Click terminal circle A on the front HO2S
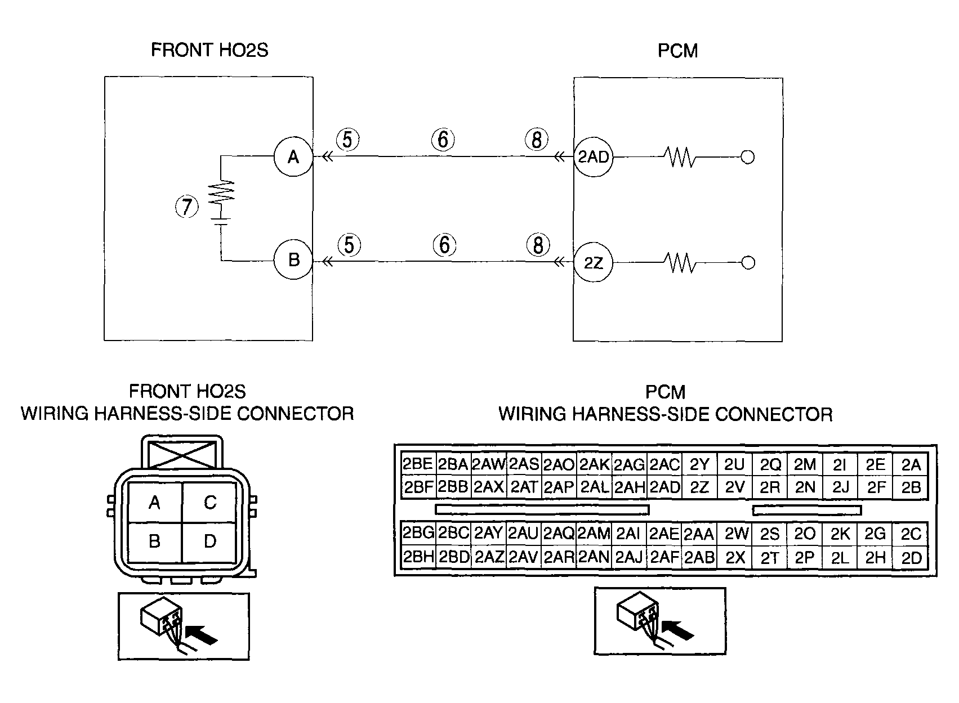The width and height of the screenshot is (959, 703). [x=293, y=156]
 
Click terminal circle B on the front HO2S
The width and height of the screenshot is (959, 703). [x=293, y=259]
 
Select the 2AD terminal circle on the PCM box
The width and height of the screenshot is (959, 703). [x=594, y=157]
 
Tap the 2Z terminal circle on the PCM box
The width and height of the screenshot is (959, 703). [x=594, y=262]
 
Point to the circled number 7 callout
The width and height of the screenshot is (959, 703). [x=186, y=207]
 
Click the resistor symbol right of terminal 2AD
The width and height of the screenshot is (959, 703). [x=680, y=157]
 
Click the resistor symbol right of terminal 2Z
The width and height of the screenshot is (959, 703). [x=680, y=262]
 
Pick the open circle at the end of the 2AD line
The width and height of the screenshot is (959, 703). [x=747, y=157]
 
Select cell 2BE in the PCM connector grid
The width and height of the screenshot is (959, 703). [x=418, y=464]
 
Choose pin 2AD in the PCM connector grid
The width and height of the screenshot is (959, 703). [x=664, y=487]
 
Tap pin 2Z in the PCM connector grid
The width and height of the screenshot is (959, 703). [x=699, y=487]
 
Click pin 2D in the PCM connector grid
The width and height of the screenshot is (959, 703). [x=911, y=558]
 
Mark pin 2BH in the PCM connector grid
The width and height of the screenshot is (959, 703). [x=418, y=557]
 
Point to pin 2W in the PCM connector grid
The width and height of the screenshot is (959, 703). [x=735, y=534]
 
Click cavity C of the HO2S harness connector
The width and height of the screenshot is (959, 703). [x=210, y=502]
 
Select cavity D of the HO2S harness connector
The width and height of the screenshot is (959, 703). [x=210, y=541]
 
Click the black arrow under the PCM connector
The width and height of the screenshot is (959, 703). [x=678, y=630]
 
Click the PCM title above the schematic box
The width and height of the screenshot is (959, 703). [x=678, y=51]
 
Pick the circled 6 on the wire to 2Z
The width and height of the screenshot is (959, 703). [x=444, y=245]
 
